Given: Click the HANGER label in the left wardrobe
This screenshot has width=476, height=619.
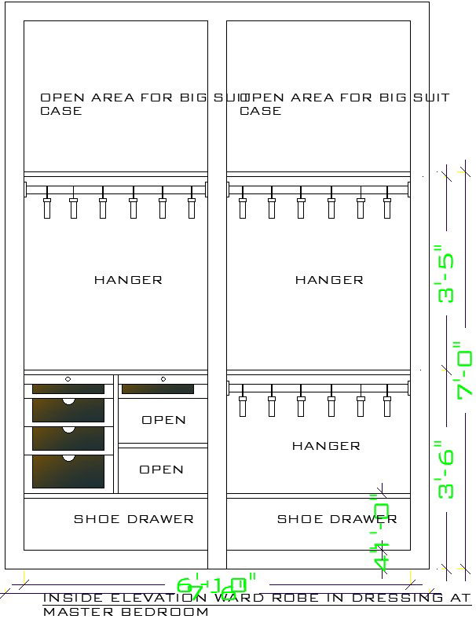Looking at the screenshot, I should pos(128,280).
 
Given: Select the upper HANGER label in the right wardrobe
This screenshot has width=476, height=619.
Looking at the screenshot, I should pos(329,280).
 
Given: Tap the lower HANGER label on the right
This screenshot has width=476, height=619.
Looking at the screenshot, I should pos(326,446).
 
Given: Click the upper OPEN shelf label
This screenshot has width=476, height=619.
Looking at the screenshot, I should pos(163,420).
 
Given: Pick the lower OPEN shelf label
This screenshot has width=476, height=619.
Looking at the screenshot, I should pos(161,470).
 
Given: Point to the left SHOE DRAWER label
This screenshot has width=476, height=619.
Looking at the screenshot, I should pos(134,519).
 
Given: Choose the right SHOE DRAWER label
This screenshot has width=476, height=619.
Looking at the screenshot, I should pos(336,519).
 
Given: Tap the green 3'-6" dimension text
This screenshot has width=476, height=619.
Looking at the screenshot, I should pos(446,470).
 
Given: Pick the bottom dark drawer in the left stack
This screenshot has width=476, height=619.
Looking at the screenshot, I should pos(68,471).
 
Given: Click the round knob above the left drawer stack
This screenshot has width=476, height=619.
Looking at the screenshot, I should pos(68,379).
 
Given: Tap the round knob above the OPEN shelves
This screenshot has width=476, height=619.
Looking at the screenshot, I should pos(163,379).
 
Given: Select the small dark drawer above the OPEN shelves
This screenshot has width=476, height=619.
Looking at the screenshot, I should pos(158,389).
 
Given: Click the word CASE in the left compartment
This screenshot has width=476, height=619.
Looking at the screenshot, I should pos(60,111).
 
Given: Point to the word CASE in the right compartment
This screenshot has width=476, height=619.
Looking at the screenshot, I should pos(260,111).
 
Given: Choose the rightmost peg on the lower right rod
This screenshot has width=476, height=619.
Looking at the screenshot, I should pos(387,404).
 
